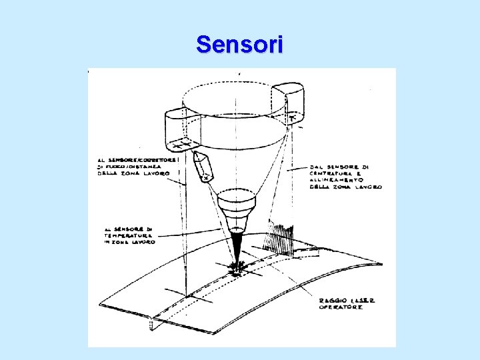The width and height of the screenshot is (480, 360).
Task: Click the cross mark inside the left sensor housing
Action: pyautogui.click(x=181, y=143)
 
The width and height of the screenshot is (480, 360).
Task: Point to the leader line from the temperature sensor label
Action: pyautogui.click(x=193, y=233)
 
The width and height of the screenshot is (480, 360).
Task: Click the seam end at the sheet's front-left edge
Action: pyautogui.click(x=153, y=325)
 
